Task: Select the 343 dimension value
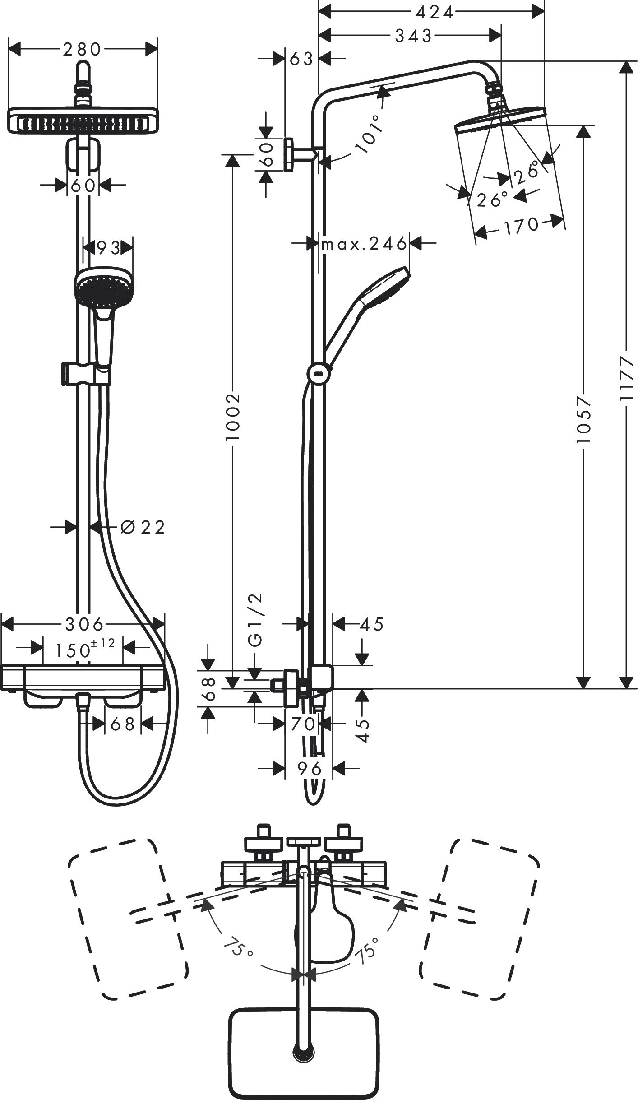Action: click(x=413, y=36)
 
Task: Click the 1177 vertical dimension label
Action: click(x=626, y=379)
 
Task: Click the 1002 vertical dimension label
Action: click(x=233, y=417)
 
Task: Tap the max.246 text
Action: click(x=364, y=244)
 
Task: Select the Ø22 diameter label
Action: click(x=143, y=527)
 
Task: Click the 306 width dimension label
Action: click(x=84, y=625)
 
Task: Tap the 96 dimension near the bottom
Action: click(x=310, y=768)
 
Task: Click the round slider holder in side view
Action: click(x=319, y=374)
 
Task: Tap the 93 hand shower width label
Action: click(x=108, y=247)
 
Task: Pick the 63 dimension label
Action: click(x=301, y=58)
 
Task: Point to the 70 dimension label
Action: click(x=303, y=724)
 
